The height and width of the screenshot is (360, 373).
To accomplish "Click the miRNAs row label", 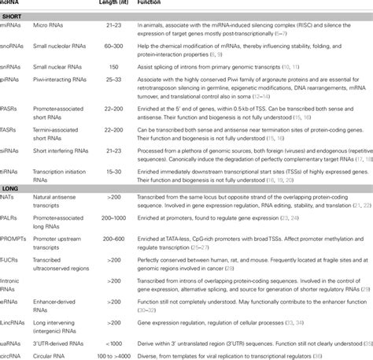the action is pos(10,28).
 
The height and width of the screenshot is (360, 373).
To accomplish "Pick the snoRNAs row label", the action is pos(12,50).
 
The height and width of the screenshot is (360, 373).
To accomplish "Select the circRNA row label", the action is pos(12,353).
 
